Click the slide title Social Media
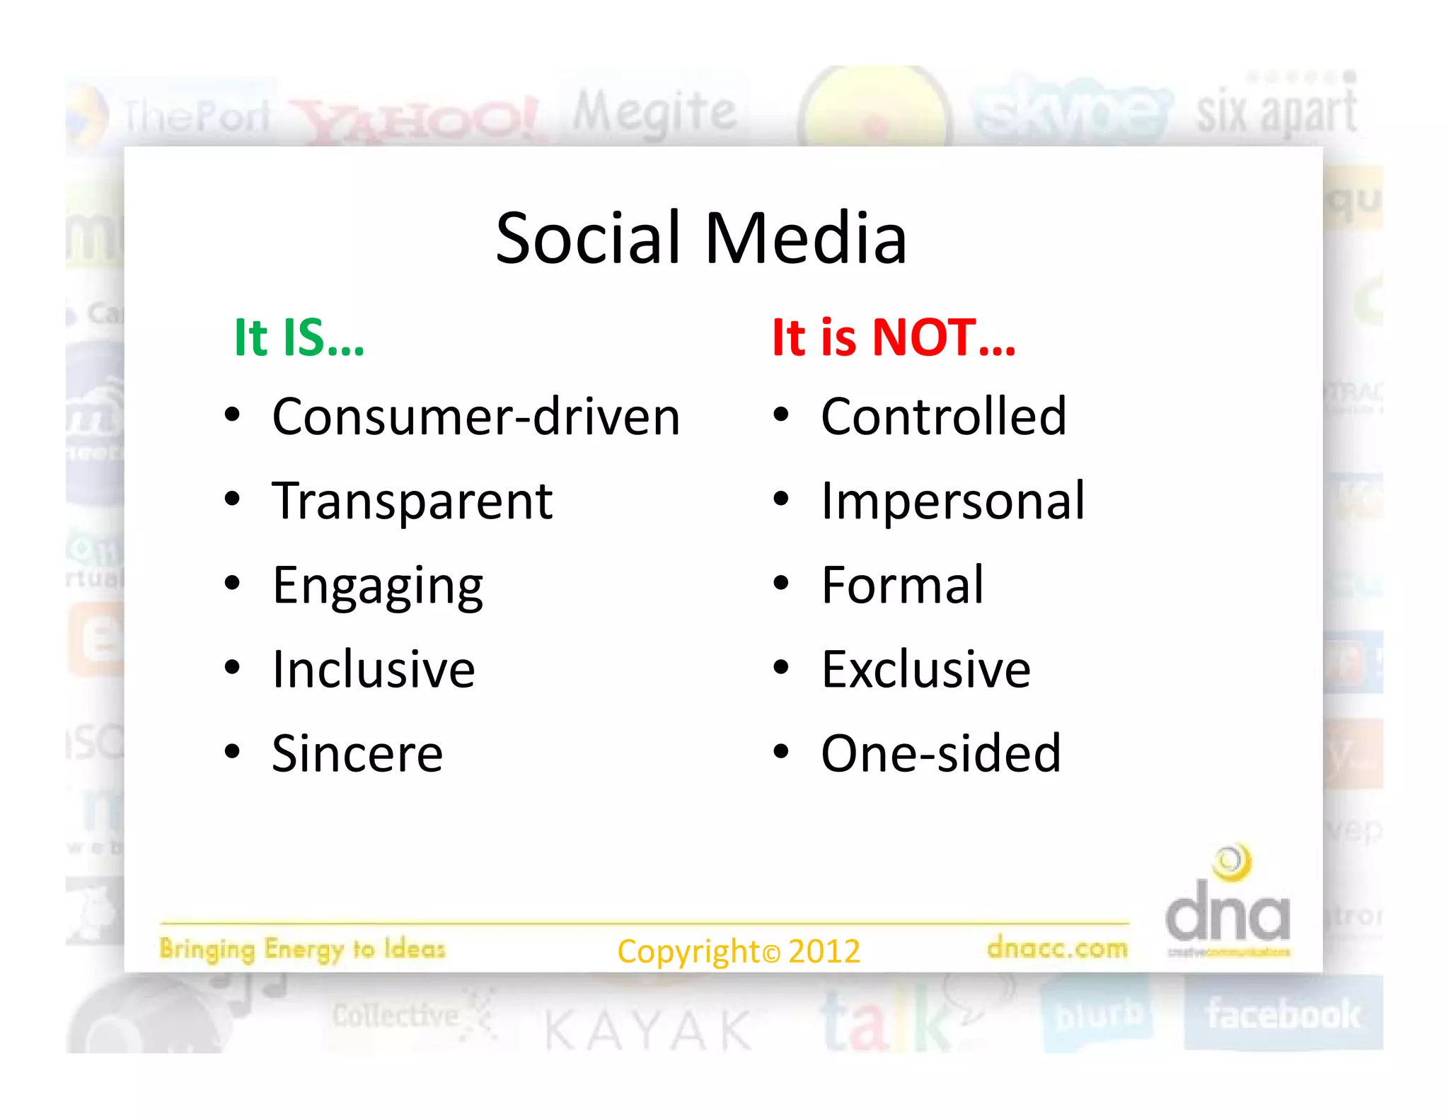pyautogui.click(x=700, y=238)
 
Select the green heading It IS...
pyautogui.click(x=299, y=337)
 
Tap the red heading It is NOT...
pyautogui.click(x=893, y=337)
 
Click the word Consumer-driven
pyautogui.click(x=475, y=417)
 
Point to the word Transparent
pyautogui.click(x=412, y=501)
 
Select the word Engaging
pyautogui.click(x=378, y=586)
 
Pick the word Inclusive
pyautogui.click(x=374, y=669)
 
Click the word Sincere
pyautogui.click(x=357, y=753)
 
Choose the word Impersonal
pyautogui.click(x=952, y=501)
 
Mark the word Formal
pyautogui.click(x=902, y=585)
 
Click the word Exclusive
pyautogui.click(x=925, y=669)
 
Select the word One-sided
pyautogui.click(x=941, y=753)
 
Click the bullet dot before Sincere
pyautogui.click(x=232, y=752)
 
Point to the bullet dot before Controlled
pyautogui.click(x=780, y=415)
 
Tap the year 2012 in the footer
pyautogui.click(x=824, y=951)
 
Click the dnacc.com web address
pyautogui.click(x=1057, y=948)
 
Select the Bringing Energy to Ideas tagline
pyautogui.click(x=302, y=949)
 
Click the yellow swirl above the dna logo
pyautogui.click(x=1232, y=862)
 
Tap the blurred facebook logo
pyautogui.click(x=1283, y=1014)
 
